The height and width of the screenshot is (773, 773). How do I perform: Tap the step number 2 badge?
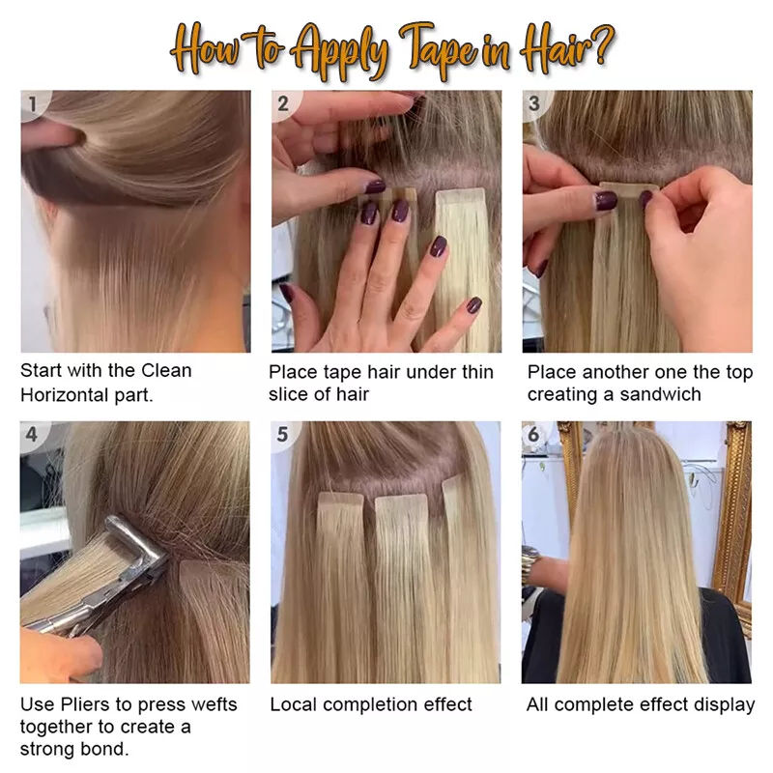283,103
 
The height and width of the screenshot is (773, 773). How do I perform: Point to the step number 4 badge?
33,434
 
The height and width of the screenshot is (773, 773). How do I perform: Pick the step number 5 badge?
282,434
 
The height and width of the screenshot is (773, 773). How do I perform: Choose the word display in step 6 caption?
722,704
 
